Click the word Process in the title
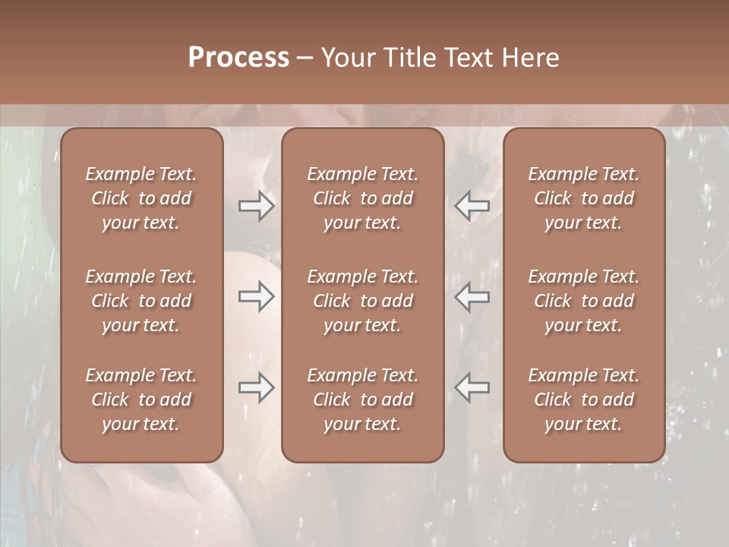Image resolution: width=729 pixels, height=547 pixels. [238, 58]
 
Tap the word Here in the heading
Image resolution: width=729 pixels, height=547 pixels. [529, 58]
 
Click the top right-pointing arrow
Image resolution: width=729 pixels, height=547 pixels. [257, 206]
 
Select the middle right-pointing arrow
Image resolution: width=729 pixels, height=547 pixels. [257, 296]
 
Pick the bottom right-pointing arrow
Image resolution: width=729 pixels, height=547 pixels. [257, 387]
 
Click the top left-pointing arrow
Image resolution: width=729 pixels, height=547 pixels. [472, 206]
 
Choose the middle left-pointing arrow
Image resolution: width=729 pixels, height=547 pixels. [472, 296]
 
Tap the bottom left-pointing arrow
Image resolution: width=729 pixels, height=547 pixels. [472, 387]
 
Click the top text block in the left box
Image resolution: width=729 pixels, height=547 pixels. [141, 198]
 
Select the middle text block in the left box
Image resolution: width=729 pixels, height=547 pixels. [141, 301]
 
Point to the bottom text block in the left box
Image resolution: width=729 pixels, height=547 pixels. [141, 400]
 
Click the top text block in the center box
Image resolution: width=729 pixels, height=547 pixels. [362, 198]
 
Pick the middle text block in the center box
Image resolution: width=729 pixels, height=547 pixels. [362, 301]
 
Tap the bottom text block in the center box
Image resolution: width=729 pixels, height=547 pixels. [362, 400]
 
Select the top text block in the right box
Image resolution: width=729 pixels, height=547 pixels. [583, 198]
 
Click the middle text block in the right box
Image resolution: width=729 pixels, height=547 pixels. [583, 301]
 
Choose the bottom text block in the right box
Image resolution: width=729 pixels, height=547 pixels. [583, 400]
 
